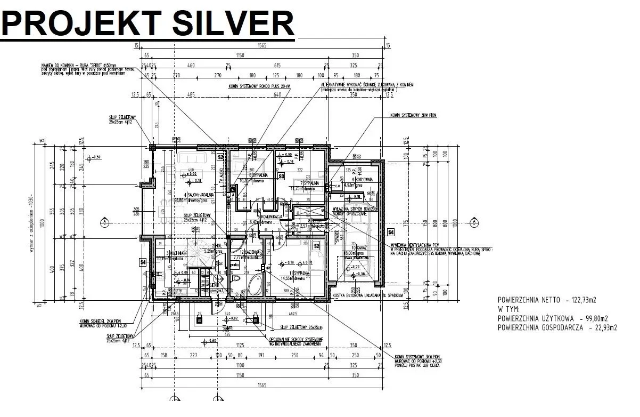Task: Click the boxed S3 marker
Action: pos(281,175)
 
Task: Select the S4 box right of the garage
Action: pos(390,232)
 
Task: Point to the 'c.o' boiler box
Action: pos(337,186)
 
